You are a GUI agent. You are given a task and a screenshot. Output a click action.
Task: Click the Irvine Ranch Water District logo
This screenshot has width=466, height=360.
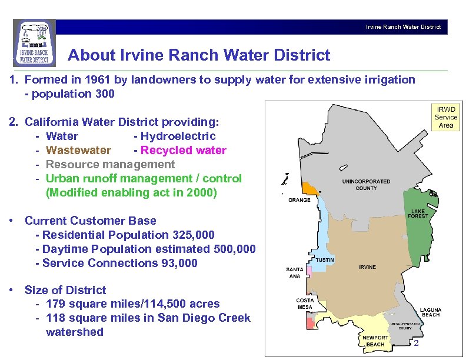pos(34,43)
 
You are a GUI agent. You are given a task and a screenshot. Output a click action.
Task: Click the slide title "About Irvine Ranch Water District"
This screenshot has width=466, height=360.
pos(199,56)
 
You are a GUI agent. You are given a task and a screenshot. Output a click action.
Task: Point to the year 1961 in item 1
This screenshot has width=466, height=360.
pos(95,80)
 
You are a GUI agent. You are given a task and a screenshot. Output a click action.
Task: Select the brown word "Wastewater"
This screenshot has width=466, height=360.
pos(78,151)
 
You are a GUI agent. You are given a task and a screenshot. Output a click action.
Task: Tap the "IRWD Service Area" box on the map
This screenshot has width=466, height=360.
pos(445,117)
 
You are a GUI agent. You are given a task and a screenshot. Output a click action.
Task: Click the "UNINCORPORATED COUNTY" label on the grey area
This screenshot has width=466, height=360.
pos(367,185)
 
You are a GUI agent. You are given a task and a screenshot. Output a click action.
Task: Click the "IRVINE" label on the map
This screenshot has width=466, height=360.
pos(367,267)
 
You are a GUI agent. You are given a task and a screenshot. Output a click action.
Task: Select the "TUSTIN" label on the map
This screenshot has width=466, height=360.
pos(325,259)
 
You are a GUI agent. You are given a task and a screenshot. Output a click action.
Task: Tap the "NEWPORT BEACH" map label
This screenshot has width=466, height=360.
pos(375,341)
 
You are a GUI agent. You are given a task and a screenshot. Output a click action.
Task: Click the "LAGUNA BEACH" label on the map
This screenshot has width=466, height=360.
pos(430,312)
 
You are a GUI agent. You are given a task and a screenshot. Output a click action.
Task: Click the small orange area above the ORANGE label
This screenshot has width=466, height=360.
pos(309,188)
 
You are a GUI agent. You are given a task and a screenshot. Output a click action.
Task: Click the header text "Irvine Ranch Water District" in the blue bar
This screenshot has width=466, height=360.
pos(403,27)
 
